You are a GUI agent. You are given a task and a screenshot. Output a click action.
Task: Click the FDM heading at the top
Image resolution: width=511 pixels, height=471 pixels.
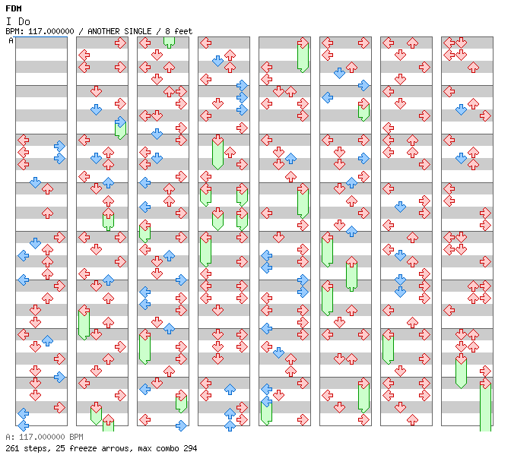tap(14, 8)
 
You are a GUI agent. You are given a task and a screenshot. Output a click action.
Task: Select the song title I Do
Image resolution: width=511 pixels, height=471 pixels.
tap(18, 21)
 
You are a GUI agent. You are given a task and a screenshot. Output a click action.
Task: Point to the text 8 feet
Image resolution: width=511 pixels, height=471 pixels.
tap(179, 31)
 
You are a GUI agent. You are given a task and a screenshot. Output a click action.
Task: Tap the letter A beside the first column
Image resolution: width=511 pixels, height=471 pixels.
tap(11, 40)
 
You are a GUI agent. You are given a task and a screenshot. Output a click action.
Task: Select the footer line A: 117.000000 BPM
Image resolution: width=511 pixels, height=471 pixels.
tap(44, 437)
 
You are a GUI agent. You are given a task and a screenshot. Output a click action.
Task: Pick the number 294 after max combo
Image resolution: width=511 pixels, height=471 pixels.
tap(190, 448)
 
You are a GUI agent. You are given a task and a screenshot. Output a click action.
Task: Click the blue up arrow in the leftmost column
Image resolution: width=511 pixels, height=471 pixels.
tap(48, 340)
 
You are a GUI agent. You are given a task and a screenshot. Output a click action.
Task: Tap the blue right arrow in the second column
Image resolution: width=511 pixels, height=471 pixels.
tap(120, 122)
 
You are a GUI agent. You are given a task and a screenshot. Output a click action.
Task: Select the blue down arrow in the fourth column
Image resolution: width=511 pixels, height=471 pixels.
tap(217, 61)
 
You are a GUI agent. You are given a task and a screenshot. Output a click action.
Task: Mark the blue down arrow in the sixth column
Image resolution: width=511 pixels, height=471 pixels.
tap(339, 73)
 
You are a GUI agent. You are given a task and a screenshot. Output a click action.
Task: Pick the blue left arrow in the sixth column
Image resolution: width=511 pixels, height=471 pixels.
tap(327, 97)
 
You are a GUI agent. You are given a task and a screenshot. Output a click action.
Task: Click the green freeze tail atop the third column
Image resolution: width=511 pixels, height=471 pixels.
tap(169, 42)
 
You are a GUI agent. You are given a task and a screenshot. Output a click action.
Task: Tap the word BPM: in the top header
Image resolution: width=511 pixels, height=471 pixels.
tap(14, 31)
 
